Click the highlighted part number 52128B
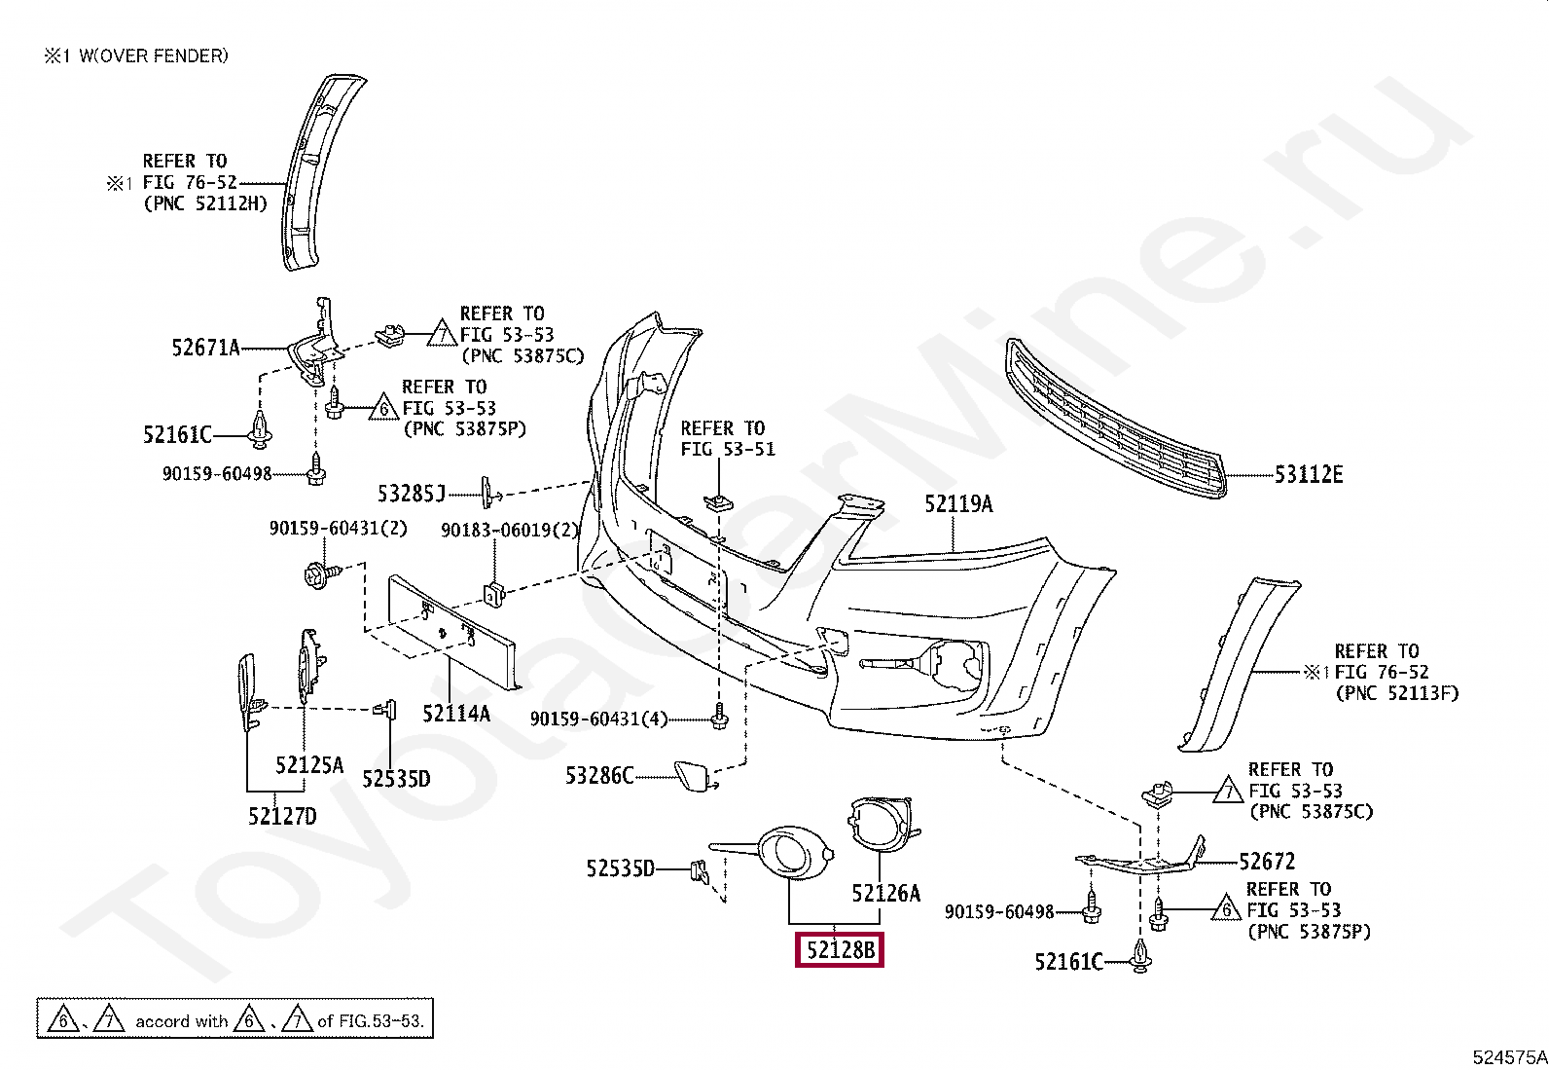tap(840, 949)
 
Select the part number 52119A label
tap(958, 504)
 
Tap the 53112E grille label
tap(1309, 475)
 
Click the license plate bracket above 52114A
tap(451, 623)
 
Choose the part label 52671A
tap(205, 348)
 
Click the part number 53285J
tap(411, 494)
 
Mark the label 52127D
tap(282, 816)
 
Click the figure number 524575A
tap(1509, 1057)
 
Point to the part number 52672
tap(1267, 862)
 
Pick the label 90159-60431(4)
tap(599, 719)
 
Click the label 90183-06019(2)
tap(510, 531)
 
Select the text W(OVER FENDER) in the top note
tap(154, 56)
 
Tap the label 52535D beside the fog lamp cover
tap(621, 868)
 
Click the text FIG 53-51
tap(728, 450)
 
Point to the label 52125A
tap(309, 765)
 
